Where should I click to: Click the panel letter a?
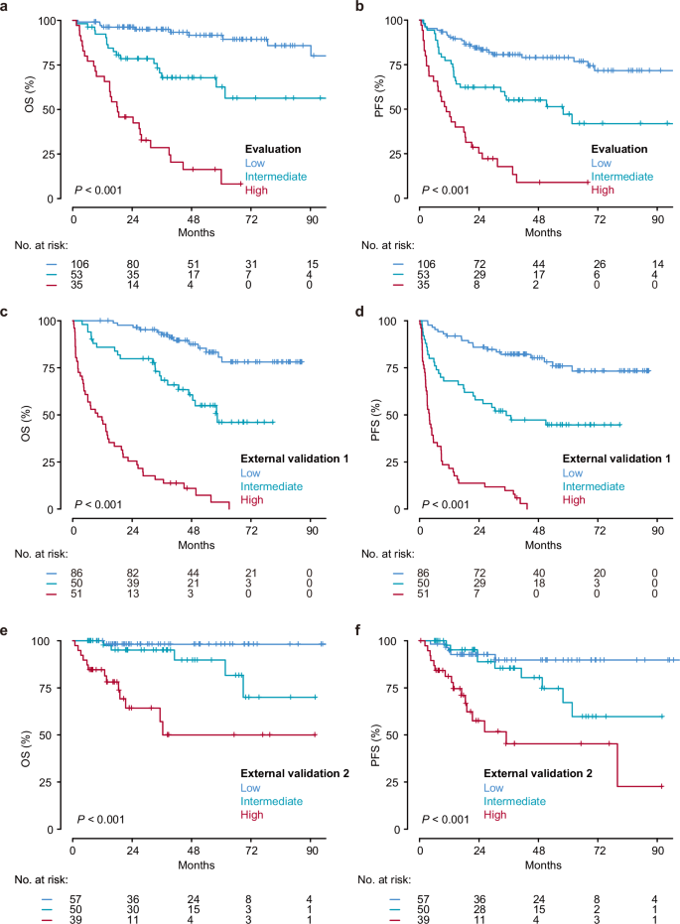click(5, 8)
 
